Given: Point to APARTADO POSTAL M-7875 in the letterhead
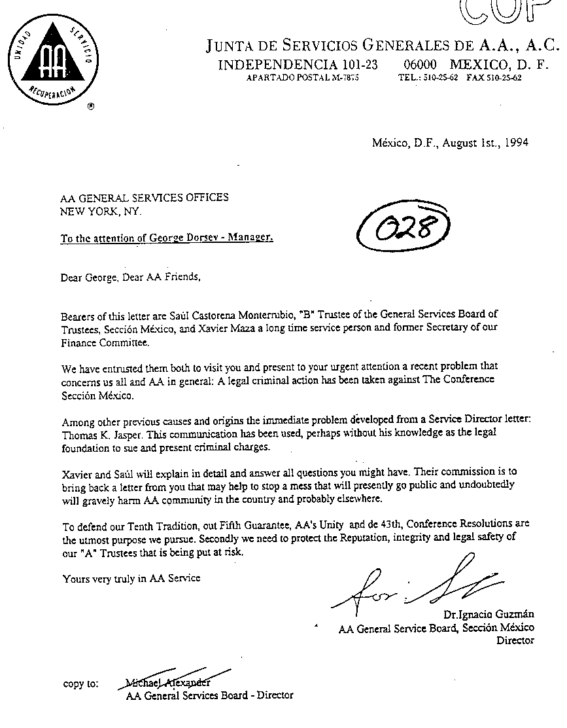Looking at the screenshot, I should (x=302, y=77).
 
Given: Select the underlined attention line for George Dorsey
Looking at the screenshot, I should (x=167, y=238).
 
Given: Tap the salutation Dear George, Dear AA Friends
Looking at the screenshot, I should (x=130, y=277).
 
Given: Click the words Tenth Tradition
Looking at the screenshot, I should (x=159, y=524).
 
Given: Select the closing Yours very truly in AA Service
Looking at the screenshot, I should (x=131, y=578).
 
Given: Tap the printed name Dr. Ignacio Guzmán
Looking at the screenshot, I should (x=488, y=614).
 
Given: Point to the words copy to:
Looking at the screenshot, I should (x=81, y=683).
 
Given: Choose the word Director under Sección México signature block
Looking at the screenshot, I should (x=515, y=640).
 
